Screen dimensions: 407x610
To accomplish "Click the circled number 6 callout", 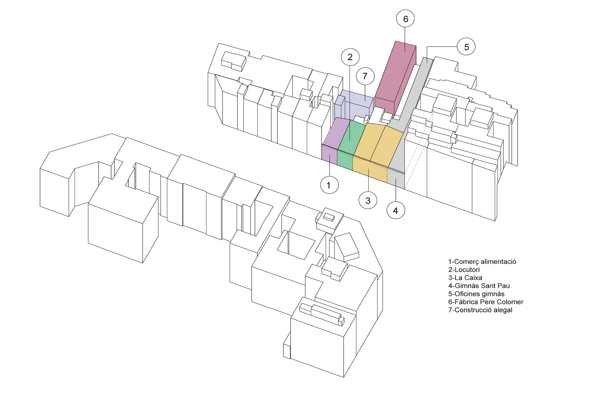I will pyautogui.click(x=405, y=19).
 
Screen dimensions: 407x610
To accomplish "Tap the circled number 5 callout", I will pyautogui.click(x=466, y=47).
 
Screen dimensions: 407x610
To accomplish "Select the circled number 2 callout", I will pyautogui.click(x=350, y=57).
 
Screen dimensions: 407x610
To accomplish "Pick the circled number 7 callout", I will pyautogui.click(x=365, y=76).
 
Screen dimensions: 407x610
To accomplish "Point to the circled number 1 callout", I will pyautogui.click(x=329, y=185).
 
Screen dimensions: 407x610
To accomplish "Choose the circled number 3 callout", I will pyautogui.click(x=368, y=201).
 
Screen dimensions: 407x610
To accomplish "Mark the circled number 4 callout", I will pyautogui.click(x=396, y=210).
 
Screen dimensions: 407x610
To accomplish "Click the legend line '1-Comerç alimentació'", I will pyautogui.click(x=482, y=262).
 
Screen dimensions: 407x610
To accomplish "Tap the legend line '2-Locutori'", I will pyautogui.click(x=464, y=270).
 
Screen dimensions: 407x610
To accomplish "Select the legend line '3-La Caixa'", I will pyautogui.click(x=465, y=278).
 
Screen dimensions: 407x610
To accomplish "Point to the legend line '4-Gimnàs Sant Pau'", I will pyautogui.click(x=479, y=286).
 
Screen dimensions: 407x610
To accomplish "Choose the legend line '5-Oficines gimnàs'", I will pyautogui.click(x=476, y=294).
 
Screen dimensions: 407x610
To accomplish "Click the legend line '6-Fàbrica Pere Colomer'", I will pyautogui.click(x=485, y=302).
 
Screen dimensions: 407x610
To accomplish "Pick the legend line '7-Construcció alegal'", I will pyautogui.click(x=480, y=310).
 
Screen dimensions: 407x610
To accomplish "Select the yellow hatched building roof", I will pyautogui.click(x=378, y=143).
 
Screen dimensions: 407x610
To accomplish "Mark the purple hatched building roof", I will pyautogui.click(x=335, y=132).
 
